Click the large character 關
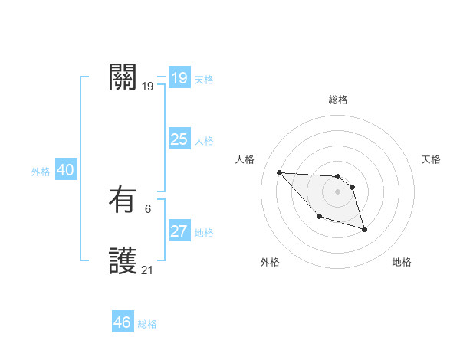coord(123,77)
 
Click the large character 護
coord(123,261)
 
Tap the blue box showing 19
coord(179,78)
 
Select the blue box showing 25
coord(179,139)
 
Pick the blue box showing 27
coord(179,231)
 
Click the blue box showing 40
coord(65,170)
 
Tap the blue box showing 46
coord(123,322)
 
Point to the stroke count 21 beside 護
coord(148,270)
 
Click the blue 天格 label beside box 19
coord(204,80)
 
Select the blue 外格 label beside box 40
coord(41,172)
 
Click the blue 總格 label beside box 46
coord(147,324)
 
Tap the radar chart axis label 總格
coord(338,100)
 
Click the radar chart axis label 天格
coord(431,159)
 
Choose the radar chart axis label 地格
coord(402,262)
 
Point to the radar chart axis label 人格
coord(245,159)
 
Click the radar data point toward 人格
coord(279,172)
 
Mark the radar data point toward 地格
coord(364,229)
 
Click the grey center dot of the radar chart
coord(338,191)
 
